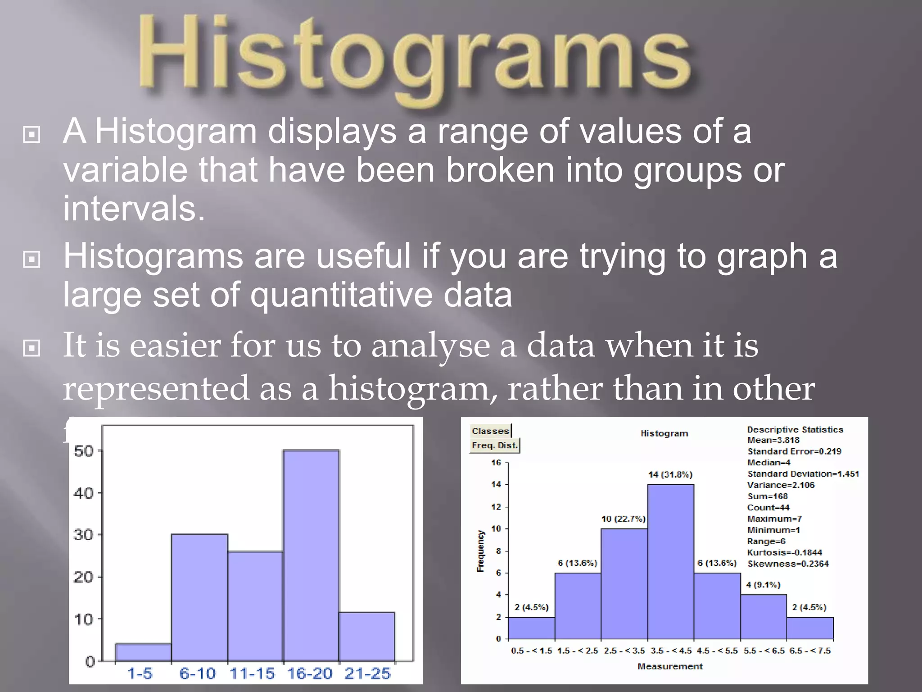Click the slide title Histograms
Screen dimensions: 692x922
[x=414, y=56]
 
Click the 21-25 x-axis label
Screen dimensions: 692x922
[x=367, y=674]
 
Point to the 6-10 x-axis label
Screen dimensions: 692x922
[x=197, y=674]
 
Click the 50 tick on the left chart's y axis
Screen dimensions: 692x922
[x=84, y=451]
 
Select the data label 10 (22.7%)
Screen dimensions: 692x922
[x=624, y=519]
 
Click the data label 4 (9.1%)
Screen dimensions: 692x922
[x=763, y=585]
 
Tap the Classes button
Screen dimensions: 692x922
[x=490, y=431]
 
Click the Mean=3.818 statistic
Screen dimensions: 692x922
[x=773, y=440]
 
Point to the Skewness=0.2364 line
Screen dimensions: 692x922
[x=788, y=564]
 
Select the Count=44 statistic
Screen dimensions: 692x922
[x=768, y=507]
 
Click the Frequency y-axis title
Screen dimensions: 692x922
[x=481, y=551]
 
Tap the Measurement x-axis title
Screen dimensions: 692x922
[x=670, y=666]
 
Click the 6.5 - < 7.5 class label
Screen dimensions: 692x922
[x=810, y=651]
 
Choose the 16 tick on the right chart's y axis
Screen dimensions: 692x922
[x=496, y=463]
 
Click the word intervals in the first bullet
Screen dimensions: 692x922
[x=134, y=209]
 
